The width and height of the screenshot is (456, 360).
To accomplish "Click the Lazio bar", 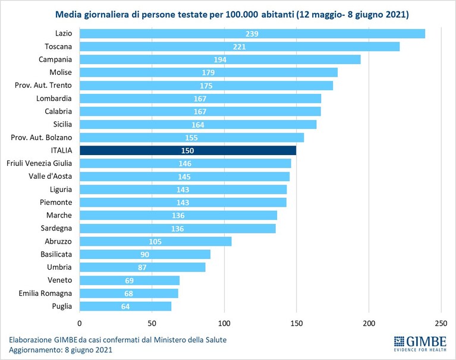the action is coord(253,34).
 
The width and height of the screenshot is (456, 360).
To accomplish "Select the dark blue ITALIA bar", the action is coord(188,150).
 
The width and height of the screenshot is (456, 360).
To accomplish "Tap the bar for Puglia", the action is coord(125,307).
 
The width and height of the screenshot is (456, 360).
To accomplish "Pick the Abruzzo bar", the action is coord(156,241).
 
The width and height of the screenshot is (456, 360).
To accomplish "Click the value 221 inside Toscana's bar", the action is coord(240,47).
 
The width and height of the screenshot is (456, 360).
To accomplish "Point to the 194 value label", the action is coord(220,60).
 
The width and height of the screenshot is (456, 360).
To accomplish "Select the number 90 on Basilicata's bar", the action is coord(144,254).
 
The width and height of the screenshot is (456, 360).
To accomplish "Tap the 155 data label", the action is coord(191,138).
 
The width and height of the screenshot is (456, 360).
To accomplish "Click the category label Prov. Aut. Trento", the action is coord(43,86).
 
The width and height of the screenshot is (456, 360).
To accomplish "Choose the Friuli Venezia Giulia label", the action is coord(39,163).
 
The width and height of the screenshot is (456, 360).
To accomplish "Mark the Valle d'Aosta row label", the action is coord(50,176).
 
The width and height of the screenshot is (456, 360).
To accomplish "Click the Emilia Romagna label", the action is coord(45,293).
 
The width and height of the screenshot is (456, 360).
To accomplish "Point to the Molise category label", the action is coord(61,72).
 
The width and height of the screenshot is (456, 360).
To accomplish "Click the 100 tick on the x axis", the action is coord(224,323).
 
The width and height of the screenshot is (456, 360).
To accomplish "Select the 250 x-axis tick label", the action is coord(441,323).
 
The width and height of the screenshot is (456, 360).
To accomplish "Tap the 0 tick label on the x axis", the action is coord(80,323).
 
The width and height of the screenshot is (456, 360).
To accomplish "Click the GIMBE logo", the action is coord(420,343).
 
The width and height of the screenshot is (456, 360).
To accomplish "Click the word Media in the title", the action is coord(68,14).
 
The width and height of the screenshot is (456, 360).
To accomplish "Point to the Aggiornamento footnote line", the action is coord(61,349).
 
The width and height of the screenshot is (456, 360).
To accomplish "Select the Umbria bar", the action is coord(143,267).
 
